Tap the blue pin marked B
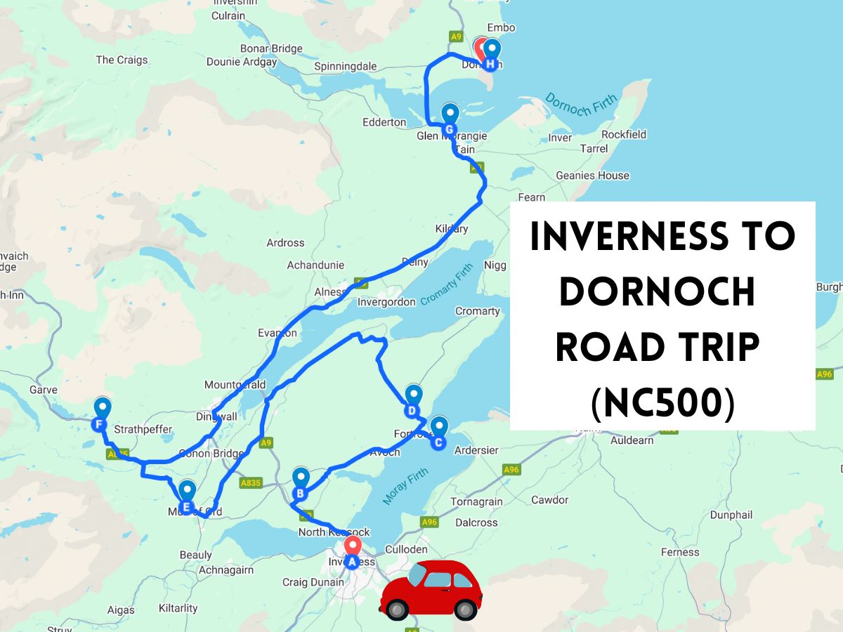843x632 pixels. pyautogui.click(x=301, y=493)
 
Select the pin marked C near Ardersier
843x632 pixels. pyautogui.click(x=438, y=442)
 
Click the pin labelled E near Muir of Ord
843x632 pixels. pyautogui.click(x=187, y=506)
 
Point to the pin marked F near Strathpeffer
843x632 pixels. pyautogui.click(x=100, y=424)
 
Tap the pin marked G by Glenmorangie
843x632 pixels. pyautogui.click(x=450, y=129)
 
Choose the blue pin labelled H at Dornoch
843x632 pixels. pyautogui.click(x=491, y=64)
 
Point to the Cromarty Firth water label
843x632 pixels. pyautogui.click(x=450, y=289)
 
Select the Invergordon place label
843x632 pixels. pyautogui.click(x=386, y=303)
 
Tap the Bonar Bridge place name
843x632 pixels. pyautogui.click(x=271, y=48)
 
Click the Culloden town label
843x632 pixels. pyautogui.click(x=407, y=549)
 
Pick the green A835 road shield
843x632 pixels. pyautogui.click(x=251, y=483)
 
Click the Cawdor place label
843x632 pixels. pyautogui.click(x=549, y=500)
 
